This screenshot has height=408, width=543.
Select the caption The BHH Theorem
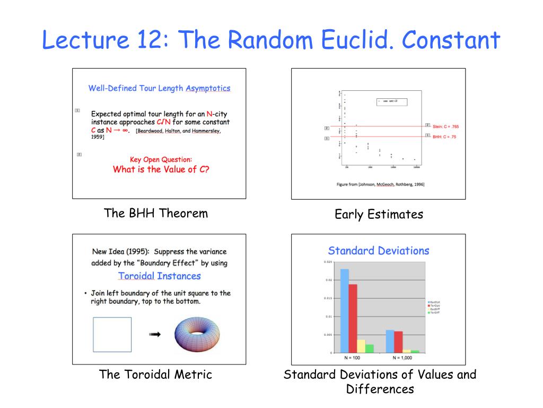[156, 214]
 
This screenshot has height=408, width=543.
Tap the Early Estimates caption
[379, 215]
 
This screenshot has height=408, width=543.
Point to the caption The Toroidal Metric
[155, 375]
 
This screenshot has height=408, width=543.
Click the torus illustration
[197, 335]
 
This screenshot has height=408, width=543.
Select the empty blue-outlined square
[112, 335]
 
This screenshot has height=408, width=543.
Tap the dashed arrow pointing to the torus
[154, 335]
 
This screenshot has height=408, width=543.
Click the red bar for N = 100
[353, 318]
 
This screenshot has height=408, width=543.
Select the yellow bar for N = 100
[361, 346]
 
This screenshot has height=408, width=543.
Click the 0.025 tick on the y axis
[327, 262]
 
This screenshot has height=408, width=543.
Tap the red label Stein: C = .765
[445, 126]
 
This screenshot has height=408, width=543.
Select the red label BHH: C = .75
[444, 137]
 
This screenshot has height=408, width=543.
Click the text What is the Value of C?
[161, 169]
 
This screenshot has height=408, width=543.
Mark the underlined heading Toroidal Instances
[159, 276]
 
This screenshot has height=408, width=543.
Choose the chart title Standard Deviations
[378, 251]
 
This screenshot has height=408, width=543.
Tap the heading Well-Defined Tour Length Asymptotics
[159, 88]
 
